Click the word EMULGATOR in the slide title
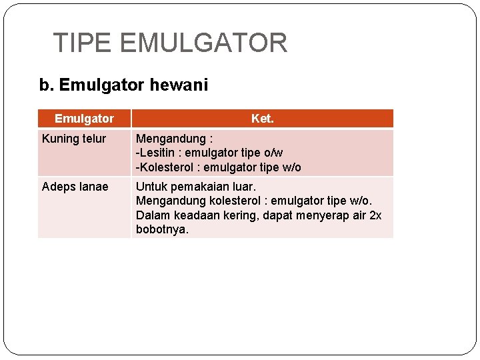coord(203,43)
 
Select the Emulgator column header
coord(84,119)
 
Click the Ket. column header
coord(262,119)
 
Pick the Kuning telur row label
coord(74,139)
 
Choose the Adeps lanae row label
coord(75,187)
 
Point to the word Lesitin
coord(158,153)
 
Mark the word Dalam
coord(152,215)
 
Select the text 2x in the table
coord(375,215)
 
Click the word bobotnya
coord(162,229)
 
